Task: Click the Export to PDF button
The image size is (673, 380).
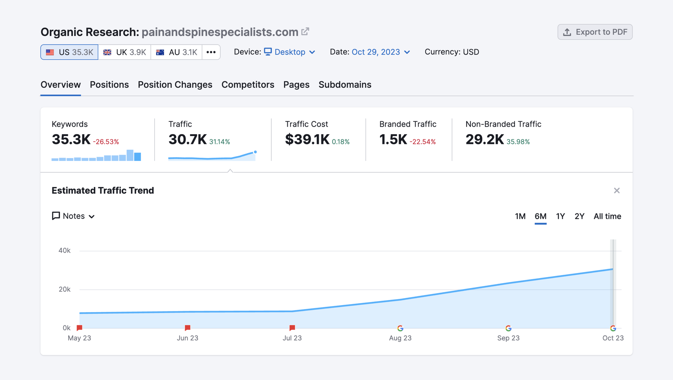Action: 595,32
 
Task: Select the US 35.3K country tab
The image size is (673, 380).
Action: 69,52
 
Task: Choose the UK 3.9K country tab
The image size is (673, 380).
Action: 125,52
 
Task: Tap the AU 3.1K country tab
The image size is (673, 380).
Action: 176,52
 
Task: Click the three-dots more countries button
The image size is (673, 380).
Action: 211,52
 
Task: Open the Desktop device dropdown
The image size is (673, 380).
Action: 290,52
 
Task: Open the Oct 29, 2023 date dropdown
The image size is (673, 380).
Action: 380,52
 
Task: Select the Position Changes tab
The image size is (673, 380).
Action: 175,85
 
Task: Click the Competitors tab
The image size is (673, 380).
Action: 248,85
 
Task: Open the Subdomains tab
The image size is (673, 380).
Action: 344,85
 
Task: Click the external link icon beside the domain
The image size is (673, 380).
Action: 305,32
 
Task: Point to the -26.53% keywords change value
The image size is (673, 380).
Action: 106,142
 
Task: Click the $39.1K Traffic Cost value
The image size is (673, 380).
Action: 307,139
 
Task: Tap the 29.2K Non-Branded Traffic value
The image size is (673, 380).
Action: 484,139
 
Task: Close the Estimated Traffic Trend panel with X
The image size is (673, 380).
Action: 617,190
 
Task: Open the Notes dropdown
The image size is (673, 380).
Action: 73,216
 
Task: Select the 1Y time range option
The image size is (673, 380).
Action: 560,216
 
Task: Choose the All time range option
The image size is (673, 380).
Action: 607,216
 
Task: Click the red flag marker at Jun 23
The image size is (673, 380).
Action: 188,328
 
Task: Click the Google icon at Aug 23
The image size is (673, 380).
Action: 400,328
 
